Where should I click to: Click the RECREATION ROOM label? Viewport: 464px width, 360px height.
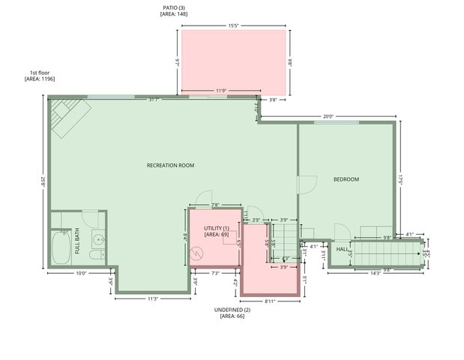click(x=170, y=165)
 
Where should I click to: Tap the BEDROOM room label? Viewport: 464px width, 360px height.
click(x=346, y=179)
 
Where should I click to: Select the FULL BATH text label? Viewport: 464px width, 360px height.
click(x=77, y=246)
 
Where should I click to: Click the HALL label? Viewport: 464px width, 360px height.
click(x=342, y=249)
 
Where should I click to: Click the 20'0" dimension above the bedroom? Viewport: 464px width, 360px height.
click(x=328, y=116)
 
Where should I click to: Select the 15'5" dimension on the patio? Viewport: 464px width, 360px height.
click(x=235, y=26)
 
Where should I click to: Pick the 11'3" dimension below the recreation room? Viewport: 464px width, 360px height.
click(x=152, y=298)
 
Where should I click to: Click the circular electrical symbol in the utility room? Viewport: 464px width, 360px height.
click(x=197, y=253)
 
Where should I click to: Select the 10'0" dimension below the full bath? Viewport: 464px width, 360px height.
click(x=81, y=274)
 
